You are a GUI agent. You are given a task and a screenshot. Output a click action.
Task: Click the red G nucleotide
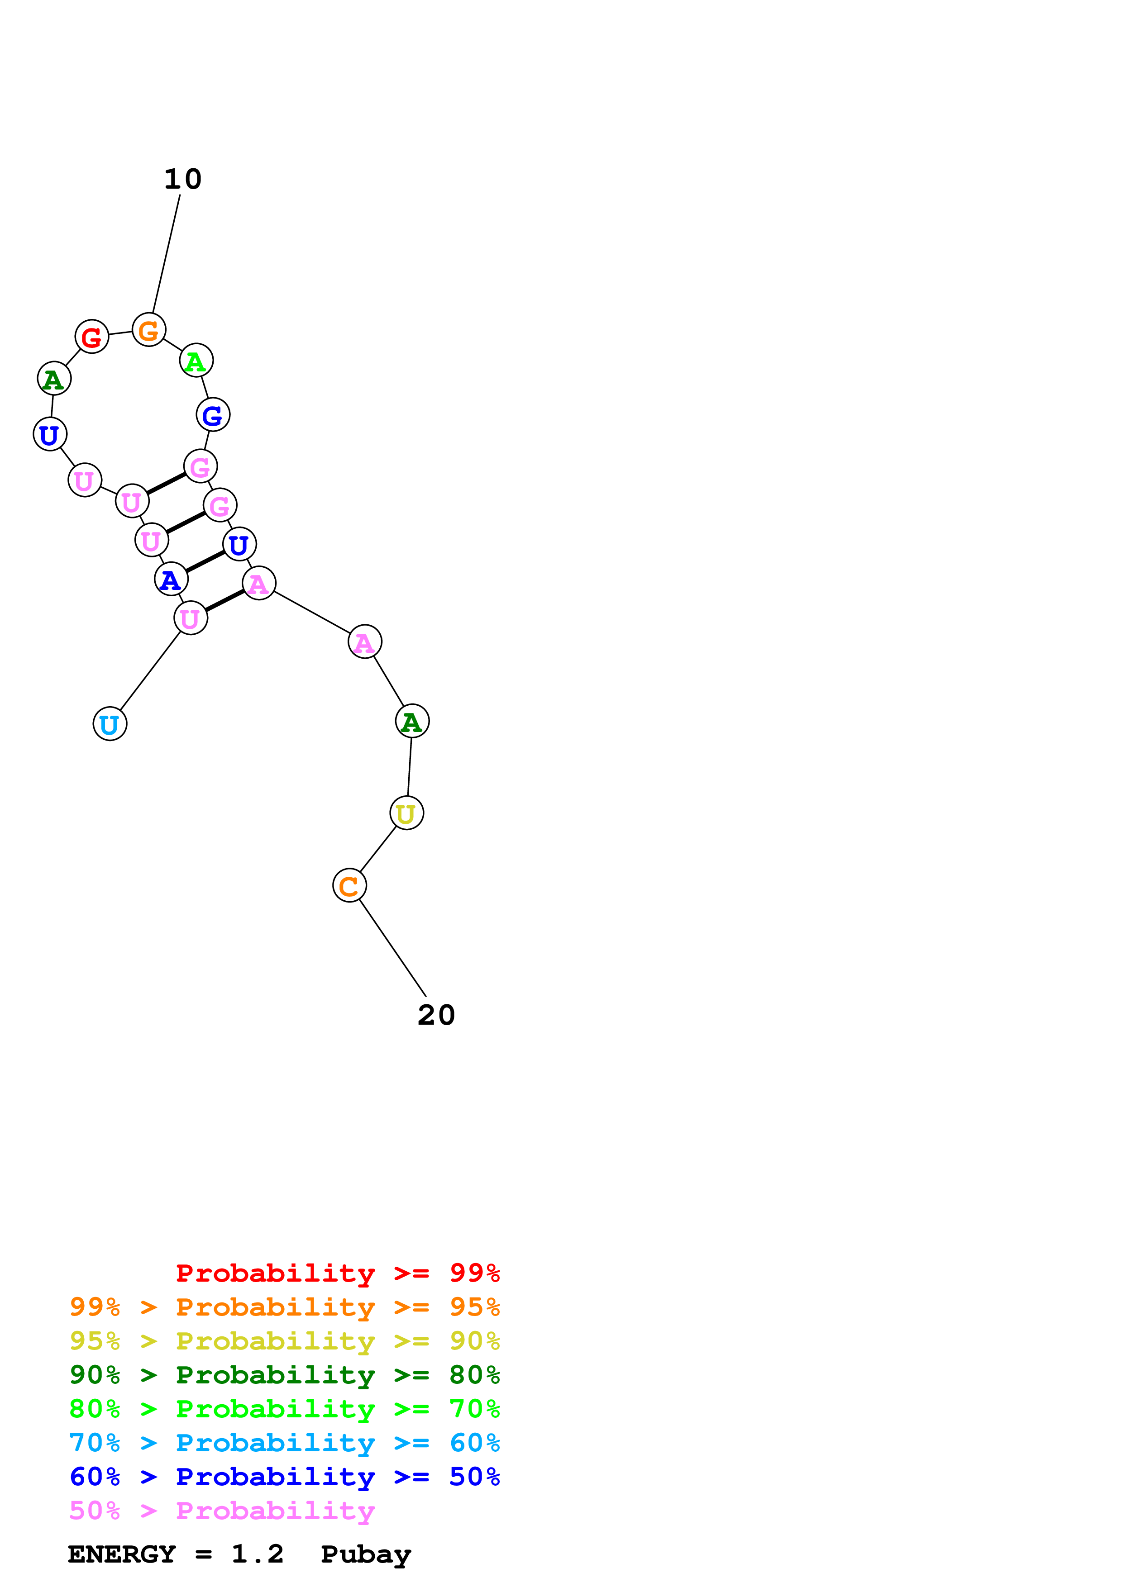(92, 337)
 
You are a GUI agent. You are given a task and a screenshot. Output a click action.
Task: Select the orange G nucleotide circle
(148, 330)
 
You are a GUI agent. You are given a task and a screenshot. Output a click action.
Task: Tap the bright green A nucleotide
(196, 360)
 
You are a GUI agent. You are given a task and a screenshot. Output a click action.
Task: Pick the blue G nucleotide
(213, 415)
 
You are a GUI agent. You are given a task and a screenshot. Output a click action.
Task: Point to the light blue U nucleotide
(110, 724)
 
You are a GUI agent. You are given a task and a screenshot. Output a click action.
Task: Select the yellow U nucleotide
(406, 813)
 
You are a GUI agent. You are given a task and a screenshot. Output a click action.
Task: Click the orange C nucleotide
(349, 885)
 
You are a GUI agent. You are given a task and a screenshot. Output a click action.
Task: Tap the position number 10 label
(182, 179)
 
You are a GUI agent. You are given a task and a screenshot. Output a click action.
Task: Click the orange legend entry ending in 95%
(284, 1307)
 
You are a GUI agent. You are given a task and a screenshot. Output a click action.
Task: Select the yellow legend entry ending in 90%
(284, 1341)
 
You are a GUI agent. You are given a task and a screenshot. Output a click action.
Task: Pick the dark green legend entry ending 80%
(284, 1375)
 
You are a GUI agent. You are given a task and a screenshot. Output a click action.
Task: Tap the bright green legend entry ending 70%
(284, 1409)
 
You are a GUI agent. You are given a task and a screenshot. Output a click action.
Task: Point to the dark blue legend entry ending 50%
(284, 1477)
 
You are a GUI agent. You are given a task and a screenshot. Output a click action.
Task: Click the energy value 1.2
(257, 1554)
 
